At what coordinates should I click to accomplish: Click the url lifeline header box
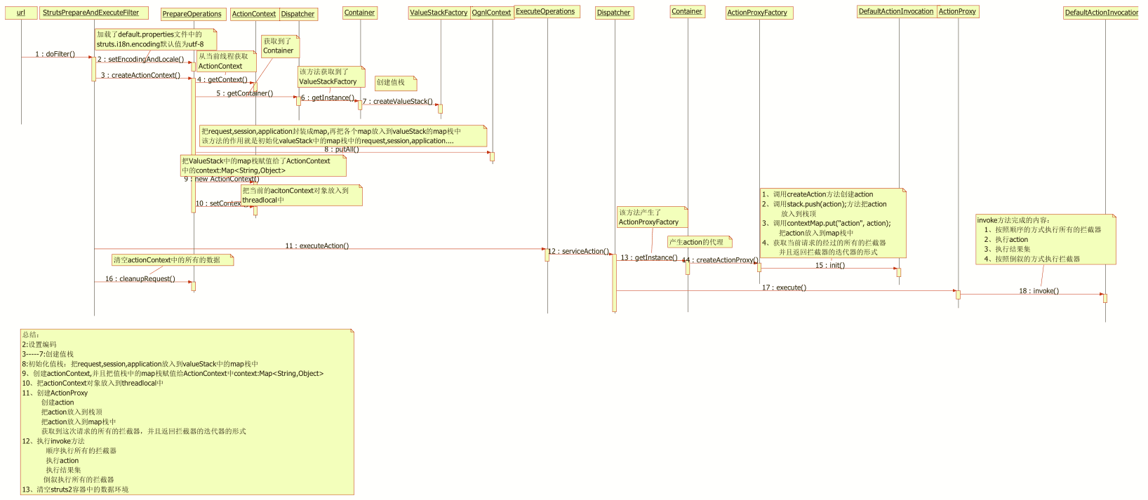tap(21, 13)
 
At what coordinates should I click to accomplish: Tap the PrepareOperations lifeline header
tap(192, 14)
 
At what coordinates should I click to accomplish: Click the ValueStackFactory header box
tap(439, 13)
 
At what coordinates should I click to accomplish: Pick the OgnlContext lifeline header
tap(492, 13)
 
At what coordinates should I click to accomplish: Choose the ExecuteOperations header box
tap(547, 11)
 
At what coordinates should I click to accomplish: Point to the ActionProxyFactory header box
tap(759, 13)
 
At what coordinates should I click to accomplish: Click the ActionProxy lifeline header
tap(958, 11)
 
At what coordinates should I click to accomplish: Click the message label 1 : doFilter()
tap(55, 54)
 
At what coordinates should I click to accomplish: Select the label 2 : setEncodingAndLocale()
tap(141, 60)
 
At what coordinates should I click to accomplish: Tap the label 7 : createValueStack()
tap(398, 102)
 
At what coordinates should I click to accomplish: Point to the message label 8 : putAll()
tap(342, 149)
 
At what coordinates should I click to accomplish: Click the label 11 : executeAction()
tap(317, 246)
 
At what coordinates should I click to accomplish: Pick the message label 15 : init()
tap(830, 265)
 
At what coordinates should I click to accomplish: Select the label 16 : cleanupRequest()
tap(140, 279)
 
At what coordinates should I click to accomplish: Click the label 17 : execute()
tap(785, 288)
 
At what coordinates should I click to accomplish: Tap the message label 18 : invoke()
tap(1039, 291)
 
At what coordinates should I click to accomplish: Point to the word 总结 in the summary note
tap(30, 335)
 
